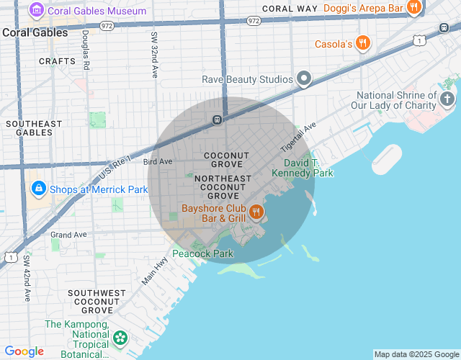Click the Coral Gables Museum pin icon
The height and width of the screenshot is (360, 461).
click(35, 11)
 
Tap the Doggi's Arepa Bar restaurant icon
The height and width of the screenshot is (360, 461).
click(413, 8)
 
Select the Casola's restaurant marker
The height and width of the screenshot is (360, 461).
click(363, 43)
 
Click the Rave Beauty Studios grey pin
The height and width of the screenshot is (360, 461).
click(305, 78)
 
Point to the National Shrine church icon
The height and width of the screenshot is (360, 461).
click(447, 98)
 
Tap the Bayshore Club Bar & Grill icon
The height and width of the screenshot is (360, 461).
click(256, 212)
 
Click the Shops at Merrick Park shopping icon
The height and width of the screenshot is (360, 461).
click(37, 189)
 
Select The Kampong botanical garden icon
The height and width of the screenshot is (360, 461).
click(120, 336)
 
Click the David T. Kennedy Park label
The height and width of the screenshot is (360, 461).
click(303, 168)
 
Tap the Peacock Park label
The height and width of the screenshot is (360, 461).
click(203, 253)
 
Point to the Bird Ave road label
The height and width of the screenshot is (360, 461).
click(157, 162)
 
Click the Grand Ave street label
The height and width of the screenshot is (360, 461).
click(68, 235)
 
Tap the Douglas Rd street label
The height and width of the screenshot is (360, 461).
click(86, 49)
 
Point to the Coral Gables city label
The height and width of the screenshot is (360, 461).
click(35, 32)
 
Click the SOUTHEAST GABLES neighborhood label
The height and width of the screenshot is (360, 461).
click(30, 128)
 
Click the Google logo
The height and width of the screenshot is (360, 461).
click(24, 351)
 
